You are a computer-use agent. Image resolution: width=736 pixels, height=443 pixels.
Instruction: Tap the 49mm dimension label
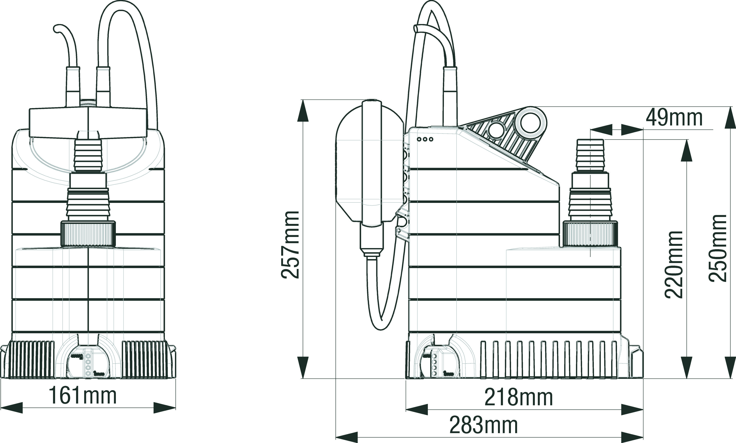point(674,118)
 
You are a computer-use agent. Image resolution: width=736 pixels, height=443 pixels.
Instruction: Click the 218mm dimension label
point(519,397)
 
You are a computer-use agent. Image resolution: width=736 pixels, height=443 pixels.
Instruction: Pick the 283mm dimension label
point(483,425)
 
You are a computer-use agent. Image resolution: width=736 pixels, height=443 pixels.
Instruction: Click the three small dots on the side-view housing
point(425,139)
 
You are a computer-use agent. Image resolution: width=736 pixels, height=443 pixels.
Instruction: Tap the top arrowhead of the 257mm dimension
point(303,111)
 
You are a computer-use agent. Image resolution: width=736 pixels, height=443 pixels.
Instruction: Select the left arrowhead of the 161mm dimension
point(12,408)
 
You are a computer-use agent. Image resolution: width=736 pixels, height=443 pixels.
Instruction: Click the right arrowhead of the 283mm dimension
point(632,437)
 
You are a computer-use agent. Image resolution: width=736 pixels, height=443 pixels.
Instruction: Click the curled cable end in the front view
point(58,29)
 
